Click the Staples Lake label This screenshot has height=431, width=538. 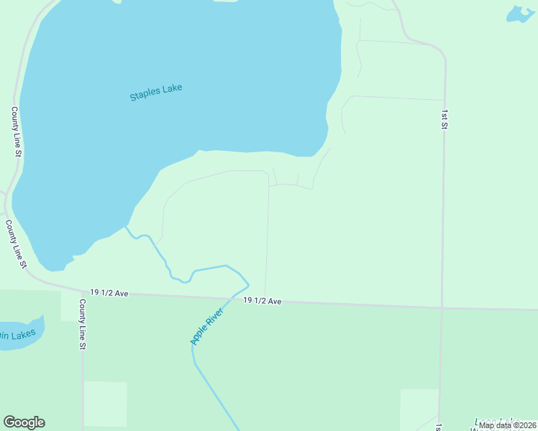[156, 92]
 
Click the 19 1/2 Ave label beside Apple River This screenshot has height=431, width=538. [262, 301]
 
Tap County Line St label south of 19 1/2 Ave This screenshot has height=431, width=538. [83, 325]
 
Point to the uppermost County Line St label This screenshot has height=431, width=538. [16, 131]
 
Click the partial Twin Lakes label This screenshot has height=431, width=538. [16, 335]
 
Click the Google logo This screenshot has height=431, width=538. [24, 422]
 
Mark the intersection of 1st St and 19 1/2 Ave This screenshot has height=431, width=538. [442, 308]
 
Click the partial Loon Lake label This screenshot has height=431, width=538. [497, 421]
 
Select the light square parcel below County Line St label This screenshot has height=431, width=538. [105, 404]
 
